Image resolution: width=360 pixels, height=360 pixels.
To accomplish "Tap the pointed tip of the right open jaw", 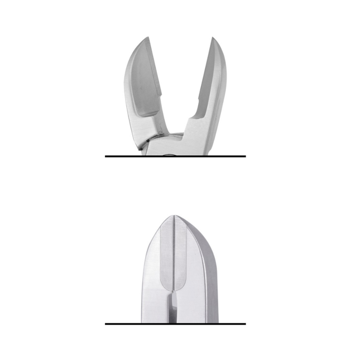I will click(212, 38).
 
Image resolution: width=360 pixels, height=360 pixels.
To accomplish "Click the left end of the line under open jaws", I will click(106, 156).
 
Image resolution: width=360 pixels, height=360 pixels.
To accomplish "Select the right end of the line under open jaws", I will click(245, 156).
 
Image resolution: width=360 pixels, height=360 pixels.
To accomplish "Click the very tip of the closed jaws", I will click(175, 215).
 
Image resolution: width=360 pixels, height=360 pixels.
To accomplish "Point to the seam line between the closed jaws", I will click(175, 251).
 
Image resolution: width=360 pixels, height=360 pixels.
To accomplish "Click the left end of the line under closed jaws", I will click(106, 323).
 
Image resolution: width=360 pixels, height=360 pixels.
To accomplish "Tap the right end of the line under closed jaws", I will click(245, 323).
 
